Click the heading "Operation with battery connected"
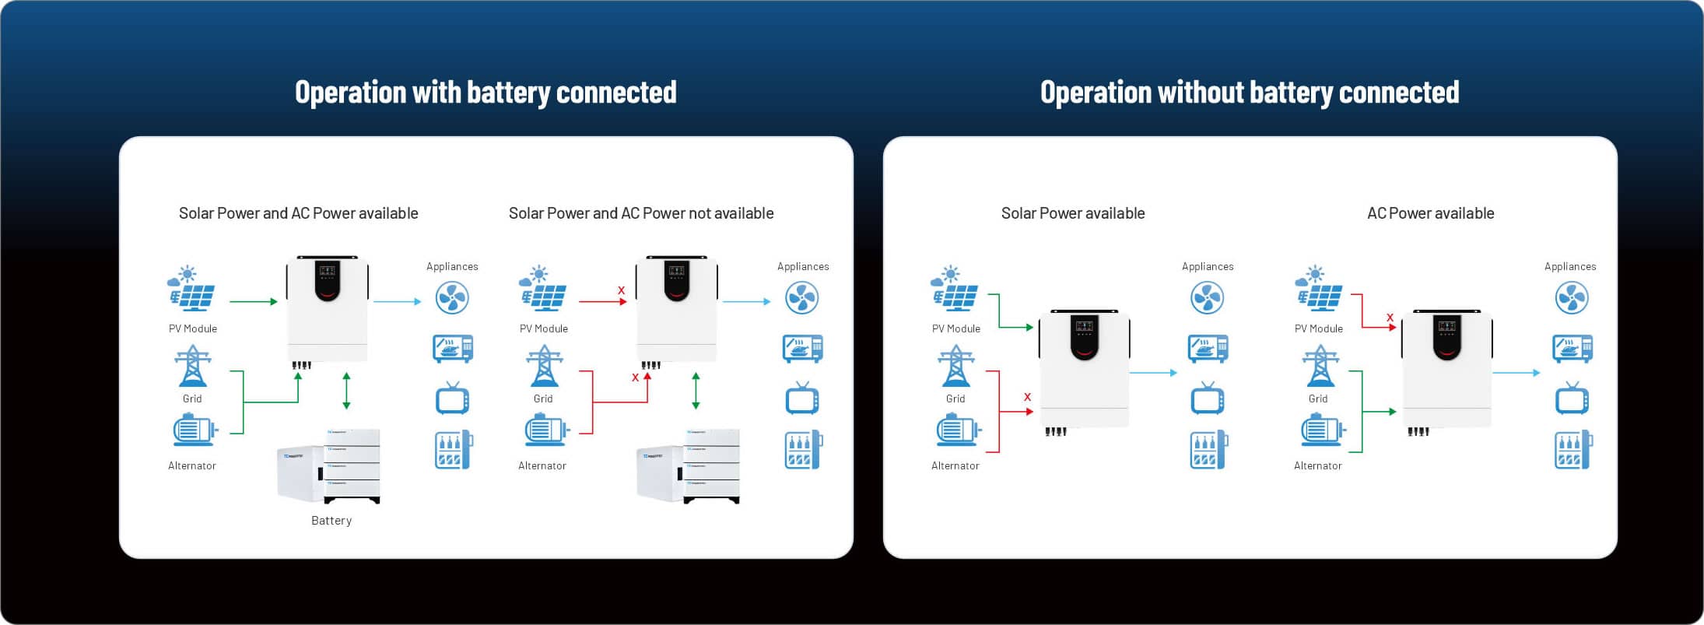(x=486, y=93)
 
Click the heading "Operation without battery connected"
(x=1250, y=93)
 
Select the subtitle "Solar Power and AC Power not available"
(x=641, y=213)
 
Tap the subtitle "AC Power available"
(x=1430, y=213)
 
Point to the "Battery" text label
(x=331, y=521)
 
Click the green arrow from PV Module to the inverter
(x=254, y=301)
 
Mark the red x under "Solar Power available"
(x=1027, y=397)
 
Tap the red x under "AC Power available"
(x=1390, y=318)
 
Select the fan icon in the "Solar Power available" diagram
(x=1207, y=297)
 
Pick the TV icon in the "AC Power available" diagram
(x=1572, y=399)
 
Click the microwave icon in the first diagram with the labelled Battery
(x=453, y=348)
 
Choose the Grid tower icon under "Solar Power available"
(x=955, y=366)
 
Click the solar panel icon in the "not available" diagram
(x=543, y=289)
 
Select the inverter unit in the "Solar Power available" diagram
(x=1085, y=368)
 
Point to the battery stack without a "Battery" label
(x=688, y=466)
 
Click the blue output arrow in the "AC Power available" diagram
(x=1516, y=373)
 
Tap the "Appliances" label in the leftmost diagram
(x=452, y=266)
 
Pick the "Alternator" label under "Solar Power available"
(x=955, y=465)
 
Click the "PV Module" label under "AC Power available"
(x=1319, y=328)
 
